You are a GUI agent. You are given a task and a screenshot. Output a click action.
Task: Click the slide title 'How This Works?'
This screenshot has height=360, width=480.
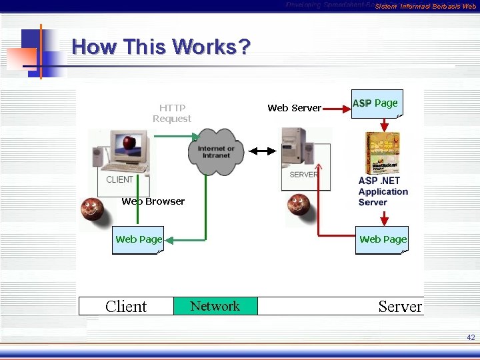pyautogui.click(x=161, y=47)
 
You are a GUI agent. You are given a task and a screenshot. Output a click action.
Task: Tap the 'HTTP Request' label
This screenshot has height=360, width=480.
pyautogui.click(x=172, y=113)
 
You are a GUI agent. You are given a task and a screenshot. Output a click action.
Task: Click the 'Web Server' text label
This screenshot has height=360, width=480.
pyautogui.click(x=294, y=108)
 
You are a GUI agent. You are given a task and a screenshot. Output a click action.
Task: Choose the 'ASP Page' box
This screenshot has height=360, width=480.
pyautogui.click(x=376, y=104)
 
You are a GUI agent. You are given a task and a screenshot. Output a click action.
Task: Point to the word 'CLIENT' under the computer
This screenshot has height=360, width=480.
pyautogui.click(x=120, y=179)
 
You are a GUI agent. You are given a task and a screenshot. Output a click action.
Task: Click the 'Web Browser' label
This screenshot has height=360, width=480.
pyautogui.click(x=153, y=201)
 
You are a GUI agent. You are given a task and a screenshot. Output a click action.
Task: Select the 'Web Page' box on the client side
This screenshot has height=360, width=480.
pyautogui.click(x=139, y=239)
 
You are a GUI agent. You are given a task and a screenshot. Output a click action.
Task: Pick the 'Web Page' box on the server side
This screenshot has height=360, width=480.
pyautogui.click(x=383, y=239)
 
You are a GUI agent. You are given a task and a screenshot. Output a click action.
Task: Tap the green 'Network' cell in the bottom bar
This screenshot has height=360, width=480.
pyautogui.click(x=215, y=306)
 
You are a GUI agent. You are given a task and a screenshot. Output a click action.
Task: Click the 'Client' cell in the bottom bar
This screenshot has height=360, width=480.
pyautogui.click(x=126, y=307)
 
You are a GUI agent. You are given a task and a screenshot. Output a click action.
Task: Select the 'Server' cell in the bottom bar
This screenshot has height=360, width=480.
pyautogui.click(x=399, y=307)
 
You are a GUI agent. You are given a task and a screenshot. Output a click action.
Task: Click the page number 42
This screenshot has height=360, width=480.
pyautogui.click(x=471, y=338)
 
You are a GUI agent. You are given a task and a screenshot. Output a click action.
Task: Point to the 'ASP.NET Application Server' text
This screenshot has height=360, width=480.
pyautogui.click(x=383, y=191)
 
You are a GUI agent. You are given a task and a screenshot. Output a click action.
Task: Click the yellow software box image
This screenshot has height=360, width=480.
pyautogui.click(x=383, y=153)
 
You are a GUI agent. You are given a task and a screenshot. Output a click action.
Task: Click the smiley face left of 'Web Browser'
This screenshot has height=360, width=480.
pyautogui.click(x=93, y=209)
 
